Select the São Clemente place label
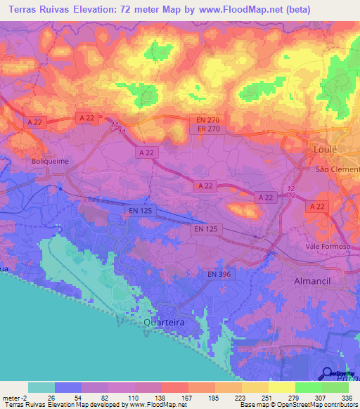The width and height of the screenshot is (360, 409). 337,170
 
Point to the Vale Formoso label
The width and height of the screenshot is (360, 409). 328,246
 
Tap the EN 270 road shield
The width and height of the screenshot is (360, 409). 205,120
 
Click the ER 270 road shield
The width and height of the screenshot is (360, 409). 205,129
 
